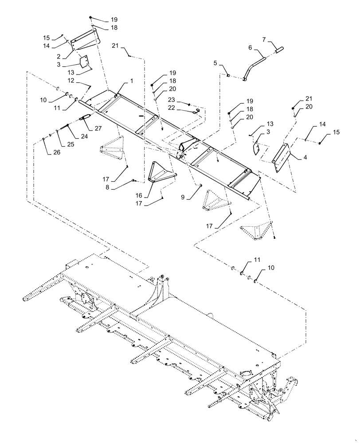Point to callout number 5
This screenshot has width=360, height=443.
[215, 63]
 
